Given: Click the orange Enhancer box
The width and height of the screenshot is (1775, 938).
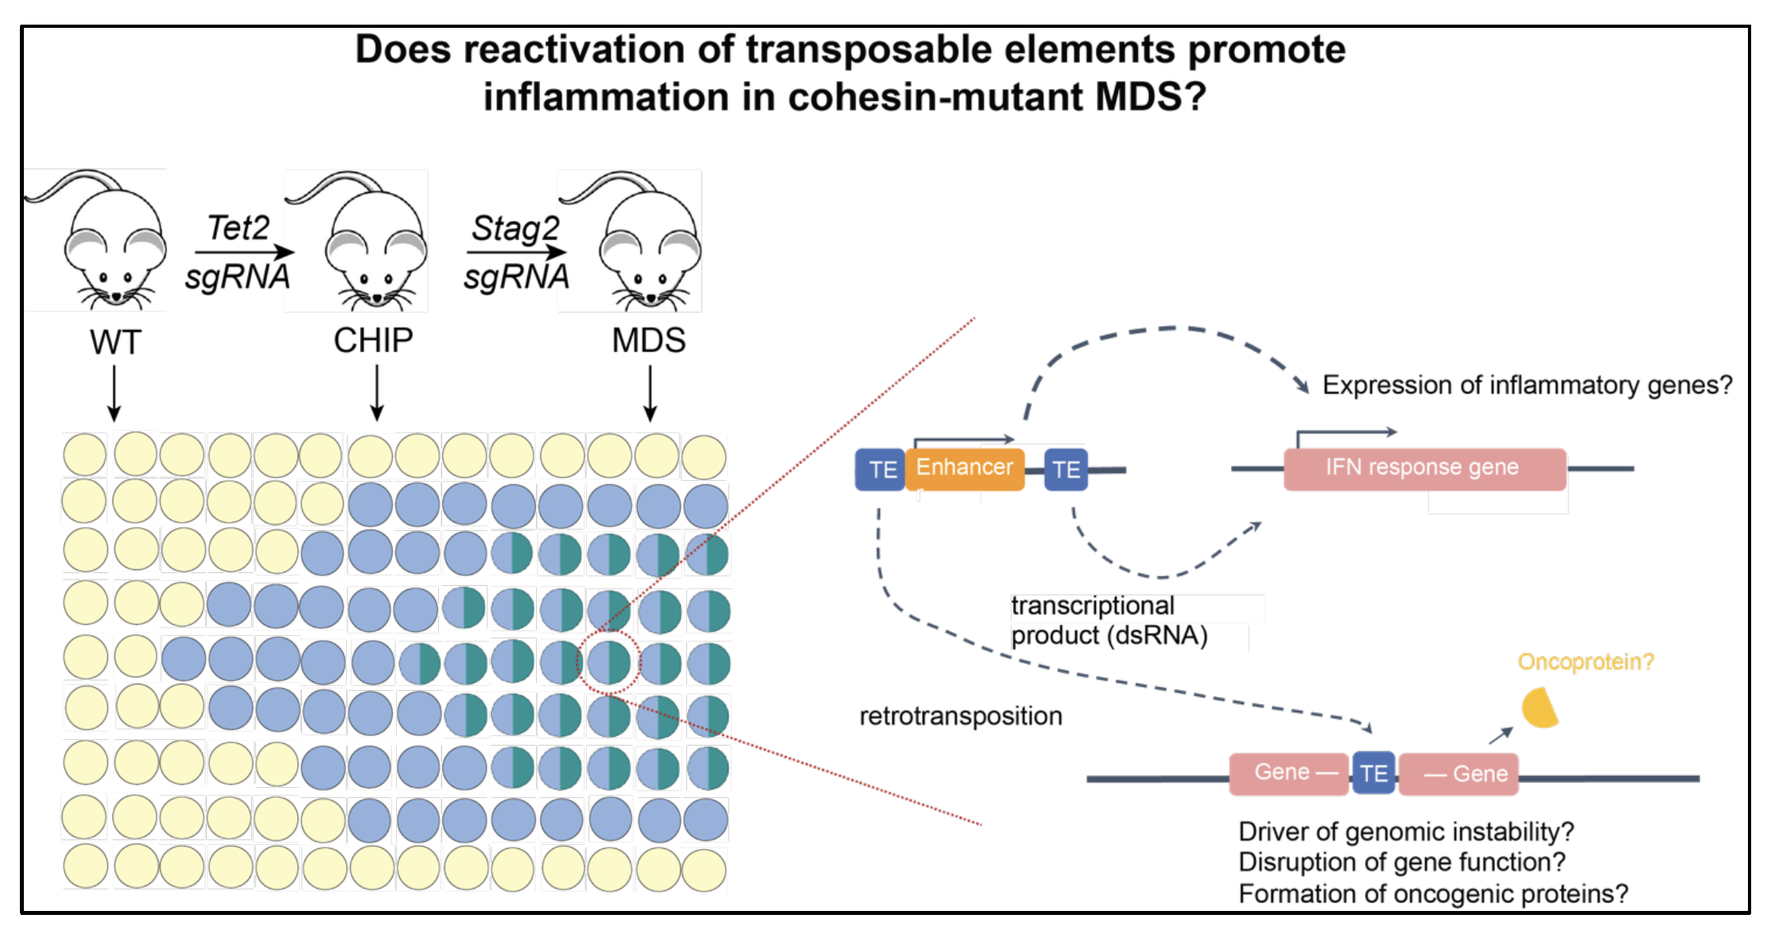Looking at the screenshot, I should point(964,468).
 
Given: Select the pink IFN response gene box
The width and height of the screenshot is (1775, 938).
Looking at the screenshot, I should point(1423,468).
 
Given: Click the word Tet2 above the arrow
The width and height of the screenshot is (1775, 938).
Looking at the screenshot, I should point(239,228).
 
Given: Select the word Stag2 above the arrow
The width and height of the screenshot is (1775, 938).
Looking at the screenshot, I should point(515,228).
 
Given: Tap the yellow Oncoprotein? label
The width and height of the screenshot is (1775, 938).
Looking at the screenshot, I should point(1586,661).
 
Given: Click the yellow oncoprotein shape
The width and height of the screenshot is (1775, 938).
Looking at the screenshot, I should point(1539,708).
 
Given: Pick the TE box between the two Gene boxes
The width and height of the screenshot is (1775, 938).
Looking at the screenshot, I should point(1373,773).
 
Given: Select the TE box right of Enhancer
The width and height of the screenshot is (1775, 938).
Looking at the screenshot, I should point(1066,470).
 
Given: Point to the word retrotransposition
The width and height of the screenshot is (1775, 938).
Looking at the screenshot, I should point(961,716).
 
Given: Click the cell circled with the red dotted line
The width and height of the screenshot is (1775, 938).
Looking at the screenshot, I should point(609,661).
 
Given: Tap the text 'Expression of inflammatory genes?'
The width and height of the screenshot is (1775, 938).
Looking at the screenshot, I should point(1527,386).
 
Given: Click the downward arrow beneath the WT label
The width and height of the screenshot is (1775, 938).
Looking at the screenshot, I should point(115,393).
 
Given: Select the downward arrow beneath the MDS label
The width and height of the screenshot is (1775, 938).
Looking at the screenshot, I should point(651,393).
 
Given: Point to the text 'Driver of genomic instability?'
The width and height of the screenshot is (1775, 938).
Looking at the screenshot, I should point(1406,831).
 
